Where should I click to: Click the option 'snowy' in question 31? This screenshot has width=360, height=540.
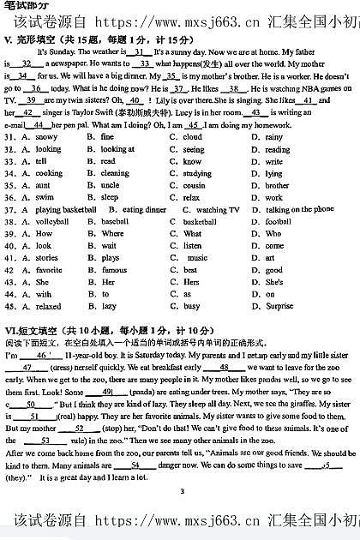(x=47, y=137)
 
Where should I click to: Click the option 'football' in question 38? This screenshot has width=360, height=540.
(x=279, y=221)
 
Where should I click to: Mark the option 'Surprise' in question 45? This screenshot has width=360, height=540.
(x=279, y=306)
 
